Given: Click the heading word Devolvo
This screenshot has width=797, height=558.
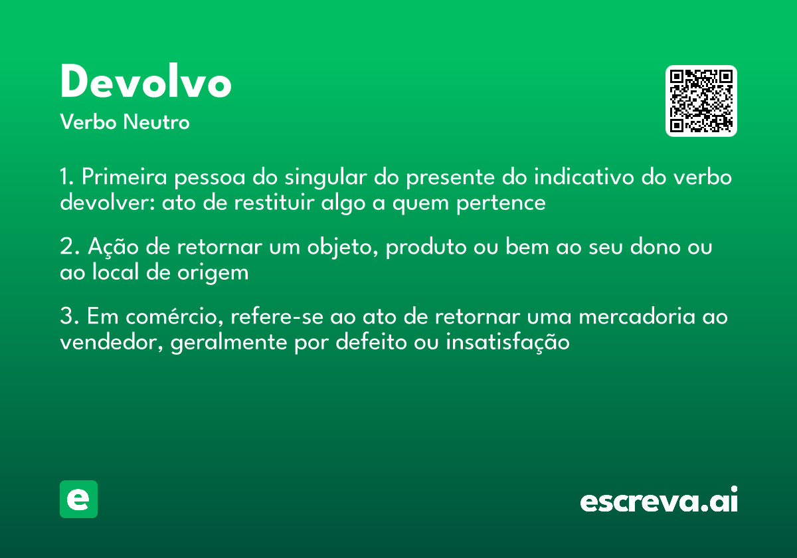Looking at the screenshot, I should click(145, 83).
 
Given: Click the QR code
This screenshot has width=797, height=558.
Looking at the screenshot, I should click(701, 101).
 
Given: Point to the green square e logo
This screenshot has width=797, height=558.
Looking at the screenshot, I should click(78, 499).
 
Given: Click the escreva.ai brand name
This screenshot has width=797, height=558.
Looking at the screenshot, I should click(659, 502).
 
